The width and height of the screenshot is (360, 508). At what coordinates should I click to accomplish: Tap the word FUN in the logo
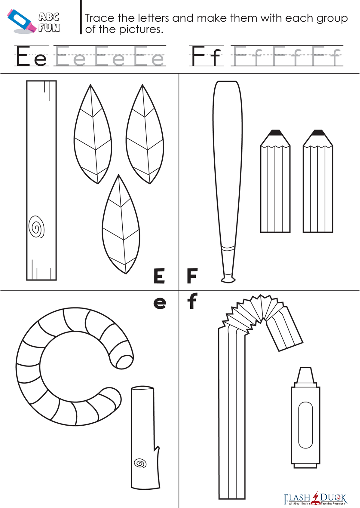(49, 28)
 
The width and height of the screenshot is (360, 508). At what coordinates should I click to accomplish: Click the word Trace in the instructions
(99, 18)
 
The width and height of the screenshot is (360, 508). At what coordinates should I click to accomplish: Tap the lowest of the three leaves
(121, 224)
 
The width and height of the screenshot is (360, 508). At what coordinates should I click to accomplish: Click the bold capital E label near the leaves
(159, 275)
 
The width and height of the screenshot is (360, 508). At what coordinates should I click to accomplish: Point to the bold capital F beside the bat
(192, 275)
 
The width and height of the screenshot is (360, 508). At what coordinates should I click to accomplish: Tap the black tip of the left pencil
(275, 133)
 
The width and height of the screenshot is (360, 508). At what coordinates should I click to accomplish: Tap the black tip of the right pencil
(318, 133)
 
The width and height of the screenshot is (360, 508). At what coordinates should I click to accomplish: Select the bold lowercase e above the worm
(160, 303)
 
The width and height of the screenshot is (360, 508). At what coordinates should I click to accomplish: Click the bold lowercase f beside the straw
(192, 301)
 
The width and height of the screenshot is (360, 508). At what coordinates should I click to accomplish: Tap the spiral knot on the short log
(140, 463)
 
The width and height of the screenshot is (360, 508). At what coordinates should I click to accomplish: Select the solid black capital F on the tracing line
(198, 55)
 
